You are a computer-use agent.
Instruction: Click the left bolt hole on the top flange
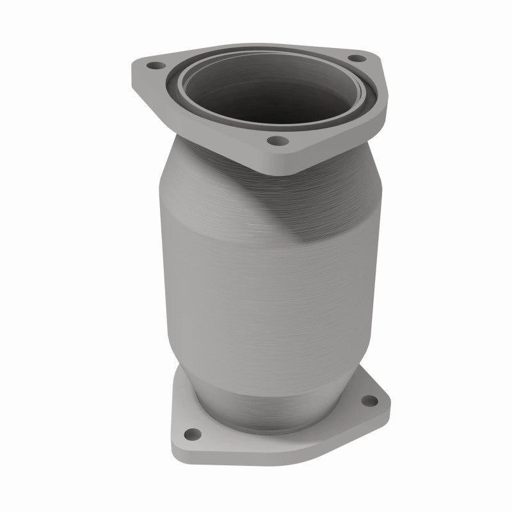coord(154,65)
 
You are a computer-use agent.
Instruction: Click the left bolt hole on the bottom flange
coord(190,434)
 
